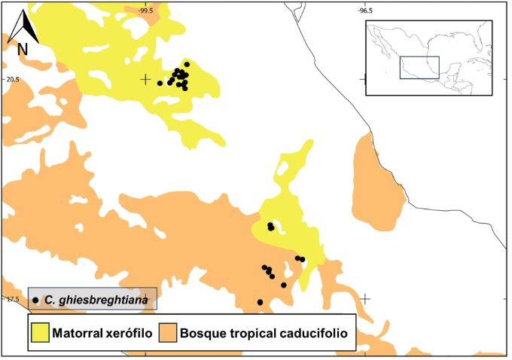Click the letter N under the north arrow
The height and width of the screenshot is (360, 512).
[23, 49]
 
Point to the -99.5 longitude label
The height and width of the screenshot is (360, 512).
[145, 10]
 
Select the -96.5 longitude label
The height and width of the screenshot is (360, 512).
[364, 10]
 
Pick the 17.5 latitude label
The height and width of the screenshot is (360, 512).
[11, 299]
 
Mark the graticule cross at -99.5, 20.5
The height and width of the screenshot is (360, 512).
[145, 79]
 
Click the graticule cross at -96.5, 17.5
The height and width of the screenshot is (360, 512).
[364, 298]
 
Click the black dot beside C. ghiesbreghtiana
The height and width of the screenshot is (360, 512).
[35, 300]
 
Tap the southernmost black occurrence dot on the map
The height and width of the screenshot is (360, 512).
[260, 302]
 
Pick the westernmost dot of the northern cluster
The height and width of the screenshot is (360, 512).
[160, 83]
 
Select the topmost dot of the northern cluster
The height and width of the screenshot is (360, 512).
[187, 64]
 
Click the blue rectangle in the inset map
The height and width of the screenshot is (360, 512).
[419, 67]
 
